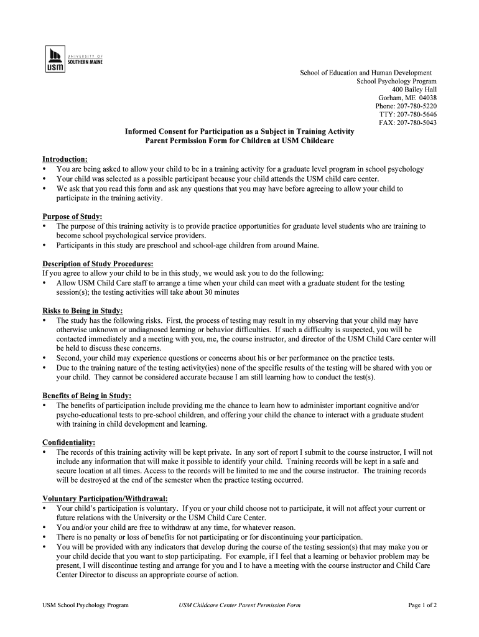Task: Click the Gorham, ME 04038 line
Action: tap(407, 98)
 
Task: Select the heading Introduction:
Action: tap(65, 159)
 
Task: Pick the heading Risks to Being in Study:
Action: tap(82, 310)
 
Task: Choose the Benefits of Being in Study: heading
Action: tap(86, 396)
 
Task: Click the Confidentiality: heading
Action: tap(68, 442)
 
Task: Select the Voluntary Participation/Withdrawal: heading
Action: tap(105, 498)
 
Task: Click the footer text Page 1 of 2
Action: tap(422, 605)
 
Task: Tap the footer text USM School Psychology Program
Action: tap(85, 605)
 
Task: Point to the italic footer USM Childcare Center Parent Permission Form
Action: tap(240, 605)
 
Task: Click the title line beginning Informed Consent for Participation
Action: tap(240, 131)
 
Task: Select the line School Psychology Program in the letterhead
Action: tap(396, 81)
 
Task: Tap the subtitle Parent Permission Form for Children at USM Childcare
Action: tap(240, 141)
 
